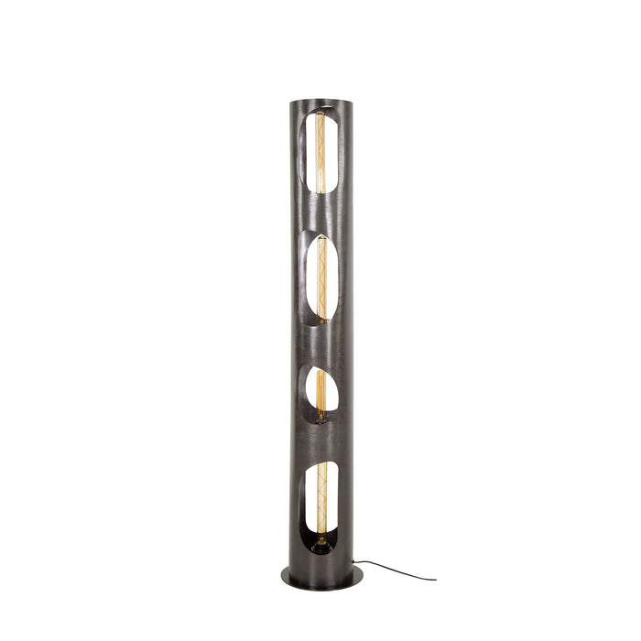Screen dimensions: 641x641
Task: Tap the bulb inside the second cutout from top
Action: pos(322,275)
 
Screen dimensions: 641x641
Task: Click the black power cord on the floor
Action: pos(394,570)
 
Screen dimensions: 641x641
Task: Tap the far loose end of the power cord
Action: pos(435,580)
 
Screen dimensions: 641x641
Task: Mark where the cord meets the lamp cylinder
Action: pos(353,561)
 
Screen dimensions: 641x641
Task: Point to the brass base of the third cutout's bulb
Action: pos(320,417)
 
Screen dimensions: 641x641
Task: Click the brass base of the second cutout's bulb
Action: pos(321,320)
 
